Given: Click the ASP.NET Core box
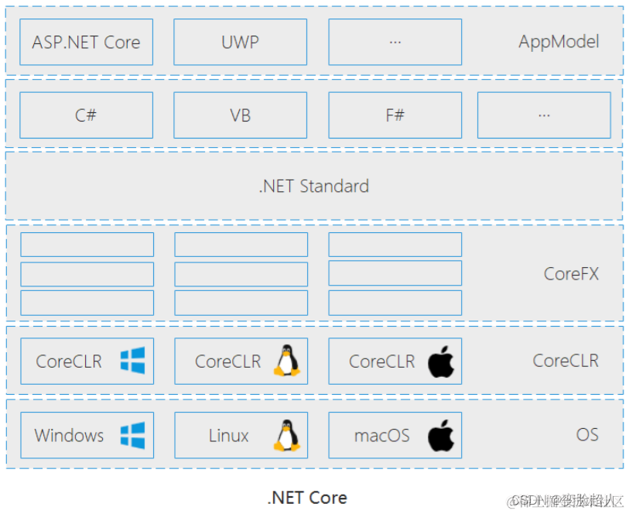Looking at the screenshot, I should coord(86,42).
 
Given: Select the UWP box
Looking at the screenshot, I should coord(240,42).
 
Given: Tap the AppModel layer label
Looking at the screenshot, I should coord(559,42).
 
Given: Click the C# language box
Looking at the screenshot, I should coord(86,115).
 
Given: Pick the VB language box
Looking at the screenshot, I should coord(240,115).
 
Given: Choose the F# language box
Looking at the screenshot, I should coord(395,115).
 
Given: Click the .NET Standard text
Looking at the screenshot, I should coord(313,186).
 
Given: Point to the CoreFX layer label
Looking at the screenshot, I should coord(571,273).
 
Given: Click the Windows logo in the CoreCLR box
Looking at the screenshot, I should coord(132,361).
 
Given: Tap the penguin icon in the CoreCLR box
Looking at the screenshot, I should coord(287,361).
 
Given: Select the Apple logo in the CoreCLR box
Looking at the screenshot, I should coord(441,362).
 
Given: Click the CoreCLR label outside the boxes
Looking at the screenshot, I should coord(565,361).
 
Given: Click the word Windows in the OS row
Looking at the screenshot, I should coord(69,435).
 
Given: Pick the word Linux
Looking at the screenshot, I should coord(228,435).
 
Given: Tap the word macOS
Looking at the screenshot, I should coord(381,435).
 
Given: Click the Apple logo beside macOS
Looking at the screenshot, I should coord(441,435).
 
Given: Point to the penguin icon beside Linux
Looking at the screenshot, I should coord(287,435).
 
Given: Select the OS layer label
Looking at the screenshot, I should coord(586,434).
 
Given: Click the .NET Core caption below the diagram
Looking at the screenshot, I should coord(307,498).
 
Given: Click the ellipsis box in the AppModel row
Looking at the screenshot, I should coord(395,42).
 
